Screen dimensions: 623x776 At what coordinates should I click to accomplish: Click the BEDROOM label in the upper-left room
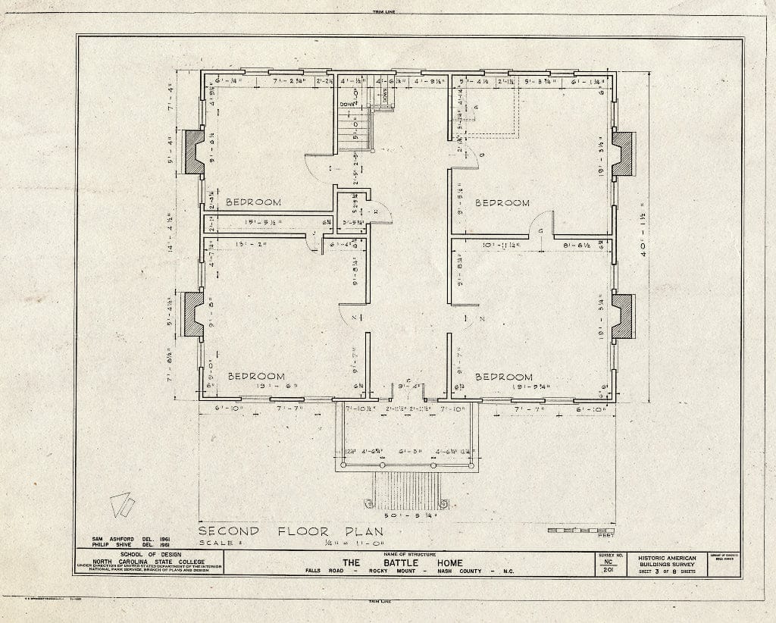253,202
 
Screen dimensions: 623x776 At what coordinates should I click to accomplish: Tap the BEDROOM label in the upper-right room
502,202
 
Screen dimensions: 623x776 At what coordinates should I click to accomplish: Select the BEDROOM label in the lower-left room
257,376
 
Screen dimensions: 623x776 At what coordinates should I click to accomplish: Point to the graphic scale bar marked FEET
581,531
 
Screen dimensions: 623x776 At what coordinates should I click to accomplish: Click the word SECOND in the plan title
228,531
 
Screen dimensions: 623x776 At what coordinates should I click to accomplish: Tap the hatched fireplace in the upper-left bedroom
194,152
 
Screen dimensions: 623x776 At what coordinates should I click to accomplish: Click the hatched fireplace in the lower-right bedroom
624,316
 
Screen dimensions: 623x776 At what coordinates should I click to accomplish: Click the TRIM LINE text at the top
387,11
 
